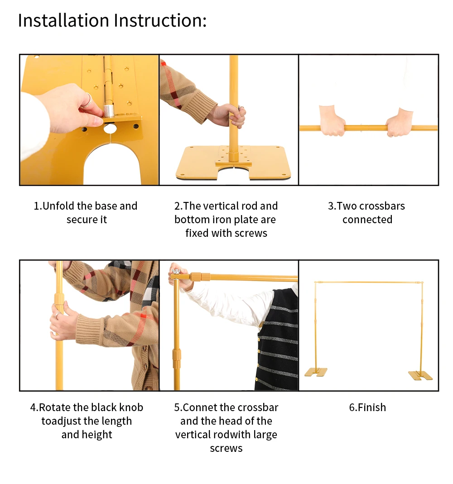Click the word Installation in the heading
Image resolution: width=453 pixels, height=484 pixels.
[63, 21]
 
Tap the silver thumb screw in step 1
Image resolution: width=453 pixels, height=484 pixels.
[109, 111]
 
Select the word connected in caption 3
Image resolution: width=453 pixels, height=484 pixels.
[367, 220]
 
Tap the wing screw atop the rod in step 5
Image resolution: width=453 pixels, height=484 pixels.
[176, 272]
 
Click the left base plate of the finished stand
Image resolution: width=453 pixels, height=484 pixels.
[316, 372]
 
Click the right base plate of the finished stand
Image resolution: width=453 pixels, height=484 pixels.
[420, 375]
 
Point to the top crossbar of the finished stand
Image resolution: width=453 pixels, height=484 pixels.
[369, 282]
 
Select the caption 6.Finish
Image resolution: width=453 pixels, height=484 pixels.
[367, 407]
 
